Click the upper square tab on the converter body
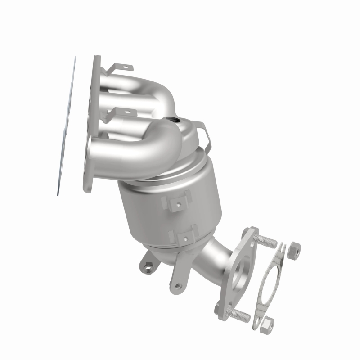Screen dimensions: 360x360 click(x=179, y=203)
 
